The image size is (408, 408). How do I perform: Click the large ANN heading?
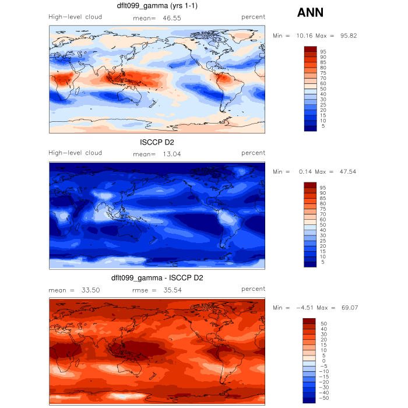310,13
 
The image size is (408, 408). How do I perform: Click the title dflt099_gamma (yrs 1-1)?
157,7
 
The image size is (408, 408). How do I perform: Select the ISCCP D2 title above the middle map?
157,143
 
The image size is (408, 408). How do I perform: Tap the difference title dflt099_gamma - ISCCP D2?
157,278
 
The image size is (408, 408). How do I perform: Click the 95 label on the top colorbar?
323,52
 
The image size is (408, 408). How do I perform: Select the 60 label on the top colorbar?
323,84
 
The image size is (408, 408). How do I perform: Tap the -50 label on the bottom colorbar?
325,398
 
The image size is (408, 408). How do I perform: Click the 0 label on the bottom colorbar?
323,361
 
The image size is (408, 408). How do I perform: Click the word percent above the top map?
254,17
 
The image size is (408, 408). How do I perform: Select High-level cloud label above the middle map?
75,153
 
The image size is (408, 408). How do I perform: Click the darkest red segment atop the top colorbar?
311,49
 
